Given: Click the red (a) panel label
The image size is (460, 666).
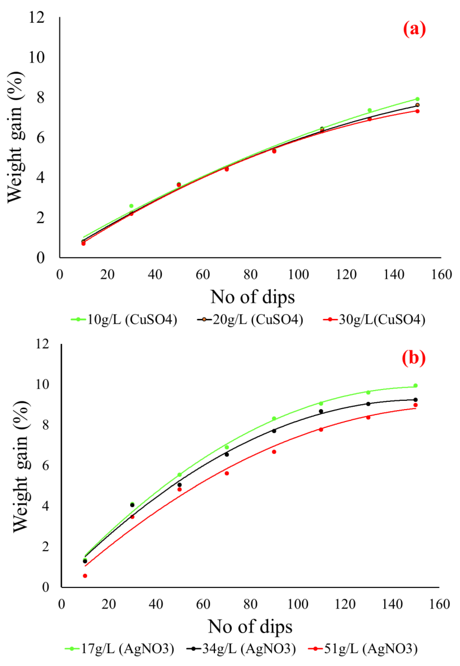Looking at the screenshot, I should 414,29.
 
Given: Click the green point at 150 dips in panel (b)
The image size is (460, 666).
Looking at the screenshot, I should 415,386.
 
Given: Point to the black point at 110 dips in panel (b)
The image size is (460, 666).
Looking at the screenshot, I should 321,411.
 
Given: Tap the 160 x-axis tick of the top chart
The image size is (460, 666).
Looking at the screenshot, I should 441,275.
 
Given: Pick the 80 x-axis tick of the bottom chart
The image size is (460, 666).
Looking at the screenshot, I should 250,604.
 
